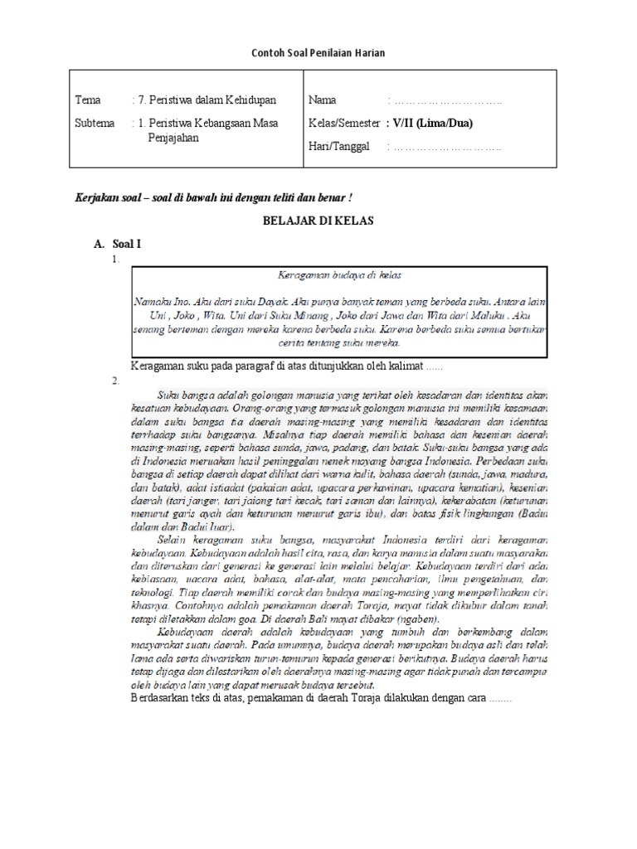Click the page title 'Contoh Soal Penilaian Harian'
(x=318, y=53)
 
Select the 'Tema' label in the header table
(x=87, y=100)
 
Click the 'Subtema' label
(x=94, y=123)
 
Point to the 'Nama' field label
(x=322, y=100)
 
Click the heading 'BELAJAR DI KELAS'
(x=318, y=221)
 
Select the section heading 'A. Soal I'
(x=119, y=246)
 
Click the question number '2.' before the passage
(x=115, y=381)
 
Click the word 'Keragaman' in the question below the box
(x=159, y=366)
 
